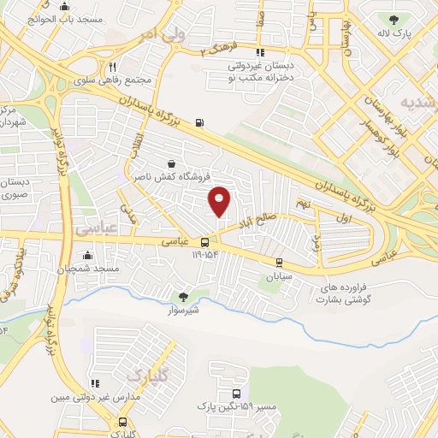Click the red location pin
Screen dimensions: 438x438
[x=220, y=199]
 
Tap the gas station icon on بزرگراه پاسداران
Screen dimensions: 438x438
[x=199, y=123]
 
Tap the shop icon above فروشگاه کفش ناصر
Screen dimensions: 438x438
[x=172, y=163]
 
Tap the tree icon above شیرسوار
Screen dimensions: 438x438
[x=182, y=297]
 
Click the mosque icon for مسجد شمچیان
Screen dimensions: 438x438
[x=87, y=255]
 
